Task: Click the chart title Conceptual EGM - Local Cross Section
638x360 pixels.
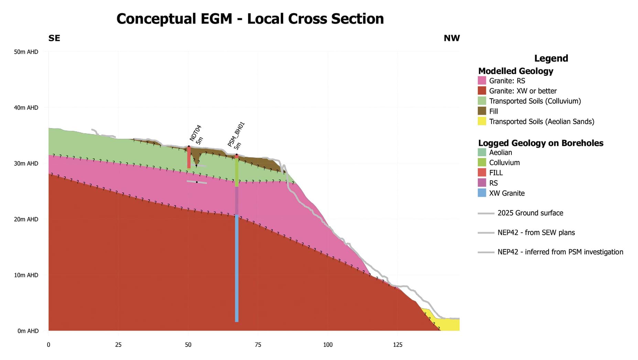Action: (250, 19)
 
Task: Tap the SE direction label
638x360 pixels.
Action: (54, 38)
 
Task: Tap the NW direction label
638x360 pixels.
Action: (452, 38)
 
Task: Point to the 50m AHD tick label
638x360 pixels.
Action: (26, 52)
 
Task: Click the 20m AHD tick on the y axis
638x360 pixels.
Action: (26, 219)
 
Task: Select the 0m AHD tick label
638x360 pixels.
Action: (28, 331)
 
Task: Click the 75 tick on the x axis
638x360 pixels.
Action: (258, 345)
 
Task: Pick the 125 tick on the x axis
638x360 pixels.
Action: (398, 345)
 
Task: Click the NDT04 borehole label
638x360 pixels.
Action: (195, 133)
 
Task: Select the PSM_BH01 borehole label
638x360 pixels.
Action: (236, 134)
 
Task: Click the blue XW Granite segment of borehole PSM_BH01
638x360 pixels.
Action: (237, 268)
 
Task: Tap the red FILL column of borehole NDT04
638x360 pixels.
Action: (189, 158)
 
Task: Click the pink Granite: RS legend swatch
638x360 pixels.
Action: (482, 81)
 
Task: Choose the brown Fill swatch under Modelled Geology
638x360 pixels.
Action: (482, 111)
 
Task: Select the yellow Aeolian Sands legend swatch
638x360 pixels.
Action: (482, 121)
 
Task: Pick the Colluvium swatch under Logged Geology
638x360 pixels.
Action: (482, 162)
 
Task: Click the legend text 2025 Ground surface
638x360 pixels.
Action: (530, 213)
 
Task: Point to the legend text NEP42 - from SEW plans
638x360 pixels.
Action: (536, 233)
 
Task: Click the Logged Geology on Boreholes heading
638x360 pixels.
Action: (541, 143)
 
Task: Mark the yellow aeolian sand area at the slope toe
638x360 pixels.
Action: (449, 325)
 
